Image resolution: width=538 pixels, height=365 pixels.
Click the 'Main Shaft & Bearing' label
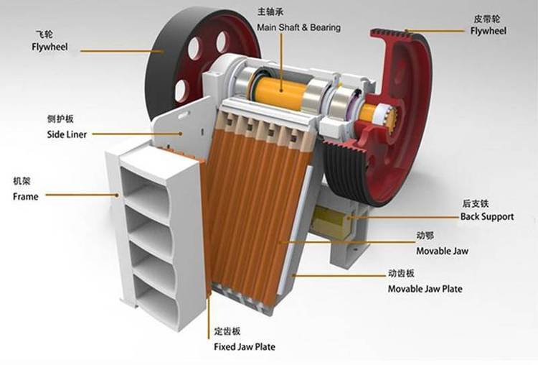pos(299,27)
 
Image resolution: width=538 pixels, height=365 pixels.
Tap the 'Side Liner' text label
pos(67,134)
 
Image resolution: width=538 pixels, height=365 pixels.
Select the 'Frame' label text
pos(25,197)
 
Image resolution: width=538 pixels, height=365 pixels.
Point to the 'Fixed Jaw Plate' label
pos(245,346)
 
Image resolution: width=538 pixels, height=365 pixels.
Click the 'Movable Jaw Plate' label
pos(425,289)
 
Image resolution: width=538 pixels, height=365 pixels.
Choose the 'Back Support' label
pos(487,216)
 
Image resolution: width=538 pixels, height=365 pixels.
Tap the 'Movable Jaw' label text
pos(443,251)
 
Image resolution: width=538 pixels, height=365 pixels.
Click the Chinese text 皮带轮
pos(487,19)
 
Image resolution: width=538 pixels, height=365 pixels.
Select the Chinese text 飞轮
pos(44,34)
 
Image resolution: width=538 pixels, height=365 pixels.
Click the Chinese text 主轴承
pos(270,11)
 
